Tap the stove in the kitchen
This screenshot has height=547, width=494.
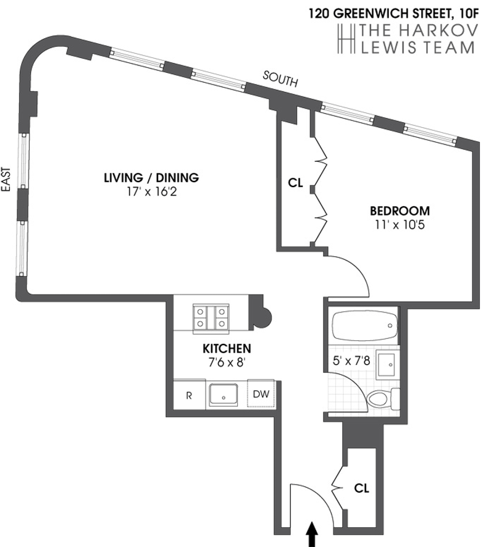[210, 317]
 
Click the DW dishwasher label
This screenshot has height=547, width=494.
[262, 393]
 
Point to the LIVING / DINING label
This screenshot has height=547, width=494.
[151, 178]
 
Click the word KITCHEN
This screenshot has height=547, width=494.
[227, 348]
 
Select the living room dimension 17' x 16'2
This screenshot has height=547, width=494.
[151, 192]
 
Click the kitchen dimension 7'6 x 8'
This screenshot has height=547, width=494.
[227, 362]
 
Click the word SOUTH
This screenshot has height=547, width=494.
[281, 79]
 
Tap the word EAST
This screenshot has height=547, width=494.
[8, 182]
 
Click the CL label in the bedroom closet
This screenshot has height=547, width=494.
[295, 183]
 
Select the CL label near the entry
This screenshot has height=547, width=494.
[361, 488]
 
